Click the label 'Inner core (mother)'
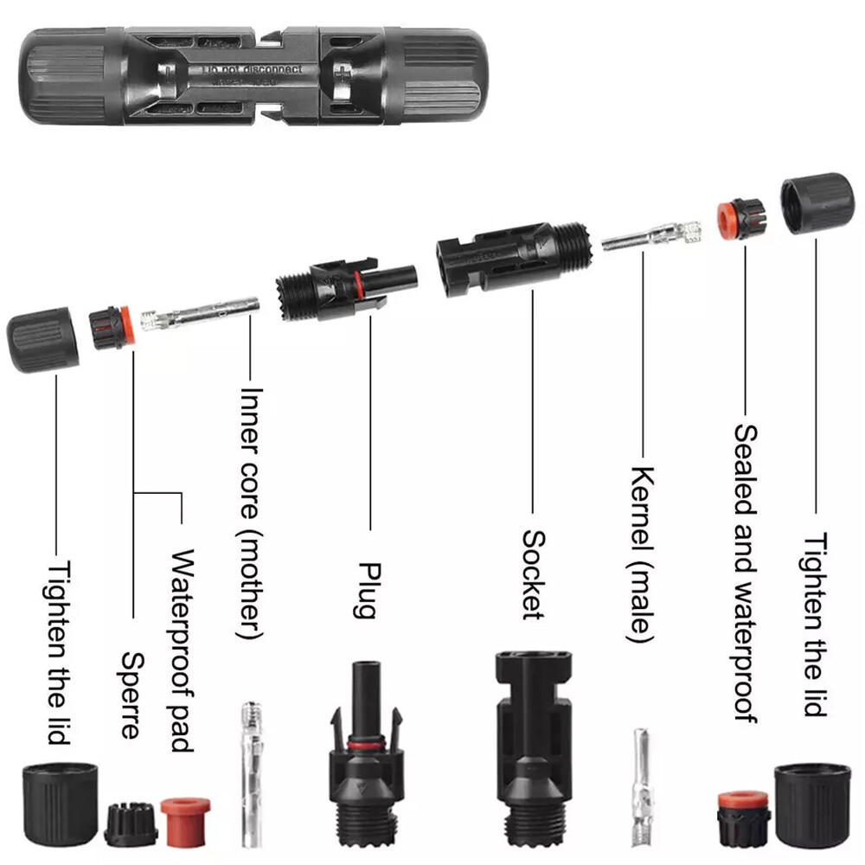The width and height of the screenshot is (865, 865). point(251,510)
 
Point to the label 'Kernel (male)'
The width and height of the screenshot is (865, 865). point(642,554)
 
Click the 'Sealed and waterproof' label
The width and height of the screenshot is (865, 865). point(746,571)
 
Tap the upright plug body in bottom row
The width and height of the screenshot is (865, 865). point(365,761)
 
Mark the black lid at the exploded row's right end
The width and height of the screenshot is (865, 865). point(817,204)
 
